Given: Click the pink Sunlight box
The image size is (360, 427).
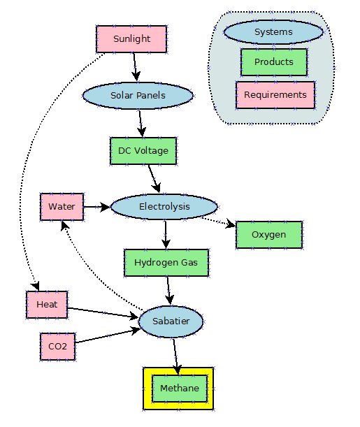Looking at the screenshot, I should pos(131,39).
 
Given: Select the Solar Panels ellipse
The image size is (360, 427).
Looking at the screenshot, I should pos(138,95).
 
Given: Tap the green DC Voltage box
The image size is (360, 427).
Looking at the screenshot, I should pos(143,151).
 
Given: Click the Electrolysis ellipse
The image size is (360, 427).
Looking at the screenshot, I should pos(164,207).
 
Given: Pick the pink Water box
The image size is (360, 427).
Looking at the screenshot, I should pos(62,207).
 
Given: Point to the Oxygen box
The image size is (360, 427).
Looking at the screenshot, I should pos(269,235).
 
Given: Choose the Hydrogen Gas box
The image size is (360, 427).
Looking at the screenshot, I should pos(166,263).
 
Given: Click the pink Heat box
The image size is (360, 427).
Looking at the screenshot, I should pos(47,305).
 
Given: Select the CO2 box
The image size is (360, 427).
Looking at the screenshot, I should pos(57,347).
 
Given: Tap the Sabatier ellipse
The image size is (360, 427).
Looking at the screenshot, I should pos(171,321).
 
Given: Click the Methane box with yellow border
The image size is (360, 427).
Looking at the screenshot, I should pos(180,389).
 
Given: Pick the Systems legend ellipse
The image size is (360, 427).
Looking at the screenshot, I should pos(273,32).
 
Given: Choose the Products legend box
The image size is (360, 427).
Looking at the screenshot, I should pos(273,62).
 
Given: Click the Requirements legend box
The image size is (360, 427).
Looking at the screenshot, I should pos(275,95).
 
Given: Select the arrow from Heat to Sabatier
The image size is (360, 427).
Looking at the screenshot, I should pos(103,312).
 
